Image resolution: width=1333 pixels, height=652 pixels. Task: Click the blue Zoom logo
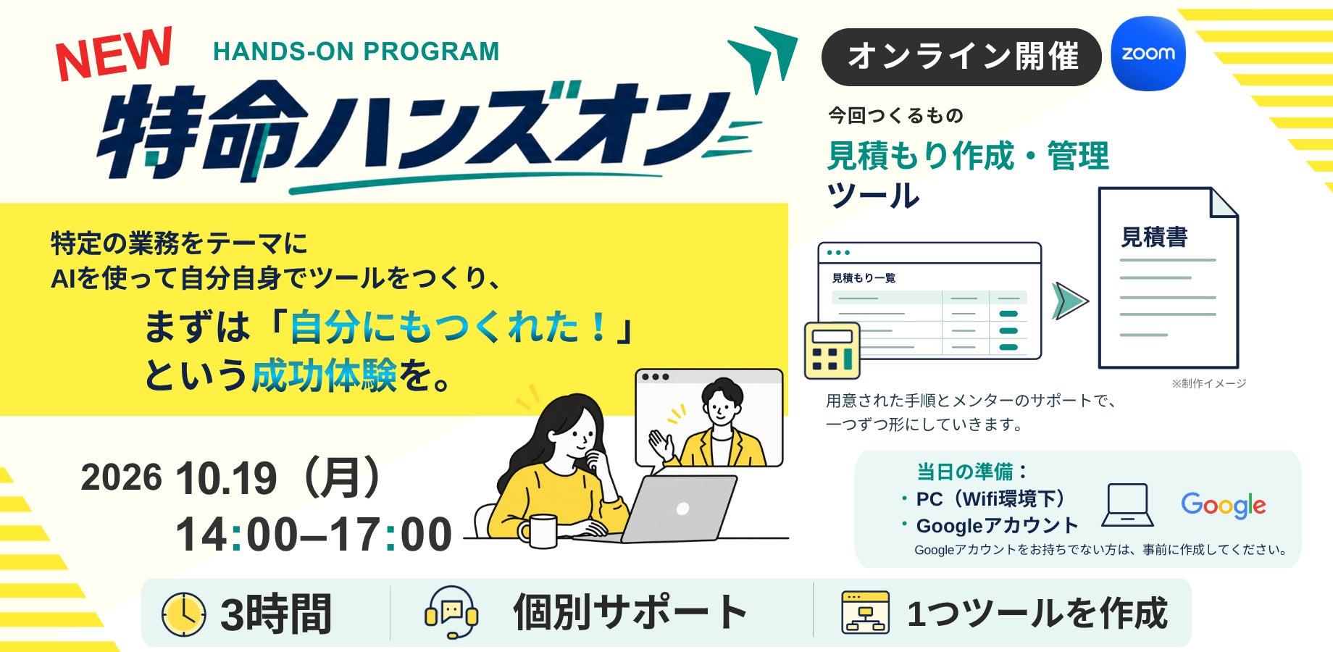point(1148,54)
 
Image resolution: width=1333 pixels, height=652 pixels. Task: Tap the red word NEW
point(114,54)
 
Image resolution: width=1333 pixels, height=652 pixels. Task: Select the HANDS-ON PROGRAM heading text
point(356,51)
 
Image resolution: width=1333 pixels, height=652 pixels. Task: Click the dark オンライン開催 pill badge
point(961,57)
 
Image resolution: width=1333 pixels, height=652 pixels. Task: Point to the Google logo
point(1224,505)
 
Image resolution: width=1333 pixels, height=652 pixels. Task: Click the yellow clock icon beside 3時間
point(183,614)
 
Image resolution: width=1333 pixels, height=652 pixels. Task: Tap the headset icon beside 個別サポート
point(451,612)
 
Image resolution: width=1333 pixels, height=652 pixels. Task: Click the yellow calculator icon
point(832,351)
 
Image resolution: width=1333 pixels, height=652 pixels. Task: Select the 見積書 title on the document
point(1154,237)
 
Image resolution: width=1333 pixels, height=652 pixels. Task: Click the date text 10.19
point(226,478)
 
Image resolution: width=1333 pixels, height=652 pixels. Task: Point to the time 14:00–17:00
point(314,535)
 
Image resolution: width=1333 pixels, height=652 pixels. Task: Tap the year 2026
point(121,477)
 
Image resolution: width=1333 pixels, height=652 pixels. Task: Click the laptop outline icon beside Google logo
point(1127,505)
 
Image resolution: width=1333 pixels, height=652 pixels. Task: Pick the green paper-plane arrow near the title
point(763,59)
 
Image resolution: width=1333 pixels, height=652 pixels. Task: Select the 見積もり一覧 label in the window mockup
point(864,278)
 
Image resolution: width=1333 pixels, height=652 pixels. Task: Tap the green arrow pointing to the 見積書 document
point(1070,301)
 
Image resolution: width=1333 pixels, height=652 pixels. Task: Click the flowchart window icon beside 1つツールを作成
point(865,613)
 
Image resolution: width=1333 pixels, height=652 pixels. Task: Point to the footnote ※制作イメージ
point(1208,383)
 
